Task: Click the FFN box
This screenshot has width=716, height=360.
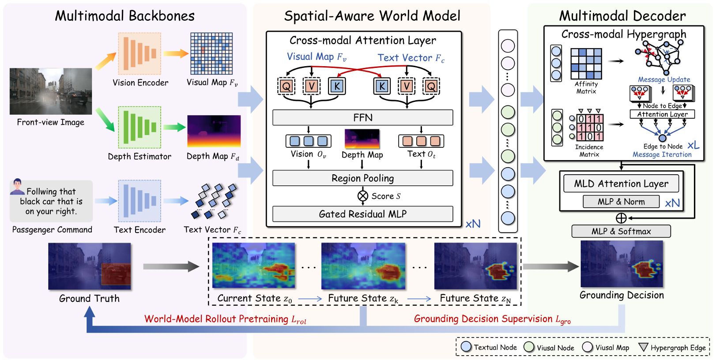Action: [x=362, y=118]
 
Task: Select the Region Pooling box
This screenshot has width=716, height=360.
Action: [x=362, y=178]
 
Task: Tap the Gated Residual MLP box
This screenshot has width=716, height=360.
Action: [x=362, y=214]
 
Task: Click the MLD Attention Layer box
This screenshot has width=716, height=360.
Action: [x=621, y=184]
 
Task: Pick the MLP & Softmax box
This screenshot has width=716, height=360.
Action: [x=621, y=231]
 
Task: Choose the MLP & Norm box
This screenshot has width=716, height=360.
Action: [x=621, y=202]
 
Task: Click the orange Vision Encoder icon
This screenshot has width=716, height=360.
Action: [x=139, y=53]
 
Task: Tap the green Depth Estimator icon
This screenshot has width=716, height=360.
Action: [x=139, y=127]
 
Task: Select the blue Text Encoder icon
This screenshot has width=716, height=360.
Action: [x=139, y=201]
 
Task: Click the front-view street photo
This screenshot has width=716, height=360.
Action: [x=51, y=91]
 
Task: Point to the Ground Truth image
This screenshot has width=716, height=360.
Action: [x=90, y=266]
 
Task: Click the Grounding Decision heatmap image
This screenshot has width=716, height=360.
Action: [x=622, y=264]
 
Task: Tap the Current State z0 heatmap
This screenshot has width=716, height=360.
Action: [x=253, y=265]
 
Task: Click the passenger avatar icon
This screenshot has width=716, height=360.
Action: [x=17, y=186]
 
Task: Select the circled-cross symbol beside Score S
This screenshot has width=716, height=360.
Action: [x=363, y=196]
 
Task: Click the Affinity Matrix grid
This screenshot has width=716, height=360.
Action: [x=586, y=64]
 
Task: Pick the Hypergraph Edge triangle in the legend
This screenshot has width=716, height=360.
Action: [x=643, y=347]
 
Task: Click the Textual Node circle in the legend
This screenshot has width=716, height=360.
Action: [x=466, y=347]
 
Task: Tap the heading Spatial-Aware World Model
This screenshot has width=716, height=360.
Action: [x=372, y=16]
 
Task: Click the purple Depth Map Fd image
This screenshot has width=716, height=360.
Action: [x=214, y=131]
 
